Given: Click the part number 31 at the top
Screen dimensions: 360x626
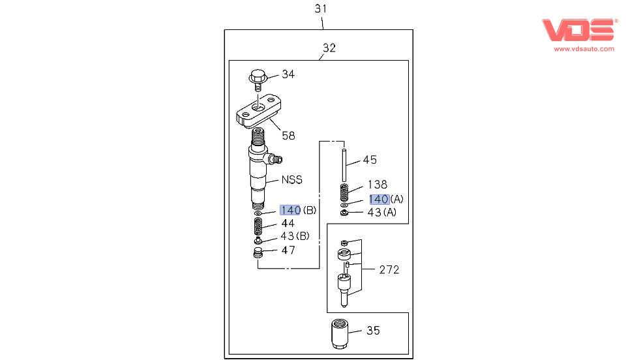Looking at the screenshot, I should click(x=320, y=8).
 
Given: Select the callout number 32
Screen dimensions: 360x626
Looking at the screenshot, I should click(x=329, y=48).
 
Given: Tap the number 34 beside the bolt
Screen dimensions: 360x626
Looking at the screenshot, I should click(x=288, y=74).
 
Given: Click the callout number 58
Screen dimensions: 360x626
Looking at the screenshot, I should click(x=288, y=136).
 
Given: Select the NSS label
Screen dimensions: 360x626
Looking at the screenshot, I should click(x=291, y=179).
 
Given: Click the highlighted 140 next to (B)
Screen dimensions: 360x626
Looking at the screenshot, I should click(x=290, y=210).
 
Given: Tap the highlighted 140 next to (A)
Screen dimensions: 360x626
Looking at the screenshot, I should click(x=379, y=199).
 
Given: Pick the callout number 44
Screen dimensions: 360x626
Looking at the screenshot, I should click(x=288, y=223).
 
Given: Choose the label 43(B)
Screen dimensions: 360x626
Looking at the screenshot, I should click(x=295, y=236).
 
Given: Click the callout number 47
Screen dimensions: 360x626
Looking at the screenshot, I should click(x=288, y=250).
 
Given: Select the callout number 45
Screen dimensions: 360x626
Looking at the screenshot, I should click(x=370, y=160).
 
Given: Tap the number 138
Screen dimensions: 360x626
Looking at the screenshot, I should click(x=378, y=185).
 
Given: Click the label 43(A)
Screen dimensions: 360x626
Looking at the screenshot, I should click(x=381, y=212).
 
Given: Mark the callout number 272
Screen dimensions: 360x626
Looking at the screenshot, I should click(x=389, y=269).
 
